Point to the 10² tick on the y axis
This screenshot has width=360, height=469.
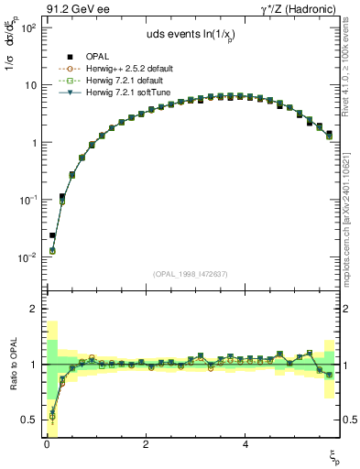click(27, 28)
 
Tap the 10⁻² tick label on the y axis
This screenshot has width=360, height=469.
click(27, 257)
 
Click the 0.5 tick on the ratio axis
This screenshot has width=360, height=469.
click(27, 420)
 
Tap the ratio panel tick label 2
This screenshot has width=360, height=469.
click(31, 309)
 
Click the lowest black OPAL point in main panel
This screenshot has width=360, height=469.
click(52, 235)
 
